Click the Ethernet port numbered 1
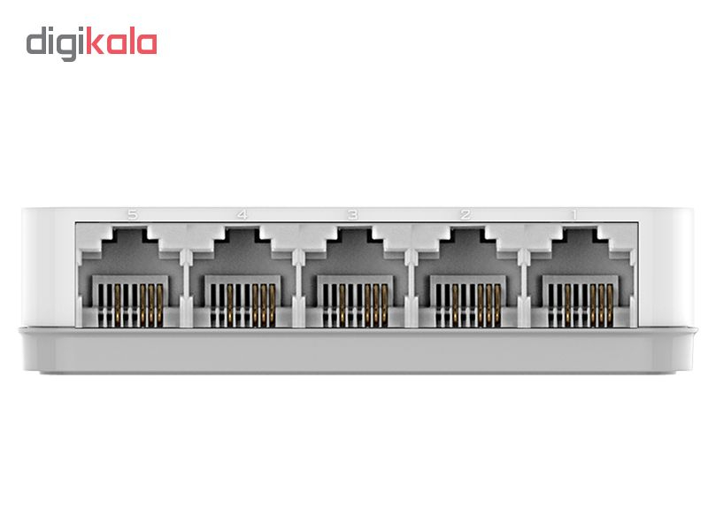point(581,276)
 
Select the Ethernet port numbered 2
point(468,276)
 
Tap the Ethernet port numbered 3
point(355,276)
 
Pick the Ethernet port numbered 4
point(242,276)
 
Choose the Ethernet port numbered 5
point(130,276)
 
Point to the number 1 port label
point(574,215)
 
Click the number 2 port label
point(466,215)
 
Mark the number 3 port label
point(352,215)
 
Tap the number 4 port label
point(242,215)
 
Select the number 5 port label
point(132,215)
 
